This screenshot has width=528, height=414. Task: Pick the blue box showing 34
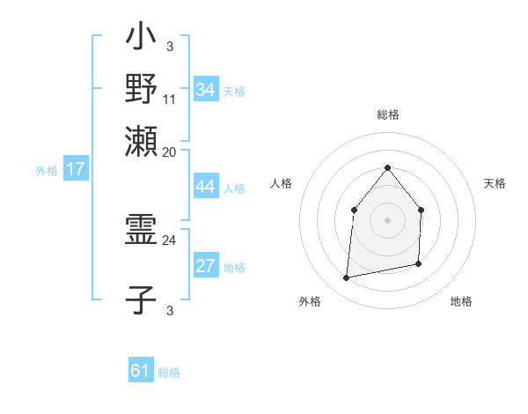coord(206,89)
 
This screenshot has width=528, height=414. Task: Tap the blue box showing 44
coord(206,187)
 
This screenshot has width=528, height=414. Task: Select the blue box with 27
coord(206,266)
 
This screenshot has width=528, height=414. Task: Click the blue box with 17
coord(75,169)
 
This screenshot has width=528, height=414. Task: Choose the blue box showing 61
coord(141,371)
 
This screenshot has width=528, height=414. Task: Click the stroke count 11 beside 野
coord(170,99)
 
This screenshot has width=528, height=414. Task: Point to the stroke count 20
coord(170,152)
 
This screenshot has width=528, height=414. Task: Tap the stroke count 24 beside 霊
coord(170,240)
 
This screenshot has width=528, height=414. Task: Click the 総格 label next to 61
coord(169,373)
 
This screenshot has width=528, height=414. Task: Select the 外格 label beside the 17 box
coord(47,171)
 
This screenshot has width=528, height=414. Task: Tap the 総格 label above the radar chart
coord(387,115)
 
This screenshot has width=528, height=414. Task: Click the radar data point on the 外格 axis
coord(347,277)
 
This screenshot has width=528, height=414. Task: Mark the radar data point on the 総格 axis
coord(387,167)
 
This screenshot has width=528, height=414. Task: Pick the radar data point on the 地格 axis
coord(418,263)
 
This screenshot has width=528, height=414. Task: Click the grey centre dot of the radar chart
coord(387,220)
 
